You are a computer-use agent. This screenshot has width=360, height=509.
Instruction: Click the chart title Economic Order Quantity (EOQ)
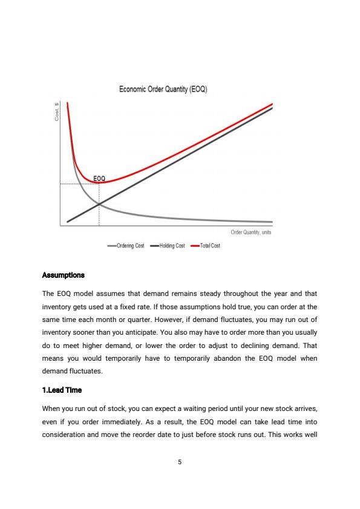pyautogui.click(x=163, y=90)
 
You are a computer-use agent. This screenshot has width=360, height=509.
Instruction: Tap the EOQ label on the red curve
pyautogui.click(x=99, y=178)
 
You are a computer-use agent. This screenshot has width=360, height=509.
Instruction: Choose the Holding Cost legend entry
pyautogui.click(x=168, y=246)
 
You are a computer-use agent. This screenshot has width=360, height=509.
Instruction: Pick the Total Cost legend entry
pyautogui.click(x=206, y=246)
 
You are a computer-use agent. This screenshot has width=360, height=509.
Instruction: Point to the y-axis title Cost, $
pyautogui.click(x=56, y=111)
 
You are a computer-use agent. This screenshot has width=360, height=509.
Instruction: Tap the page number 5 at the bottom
pyautogui.click(x=180, y=462)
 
